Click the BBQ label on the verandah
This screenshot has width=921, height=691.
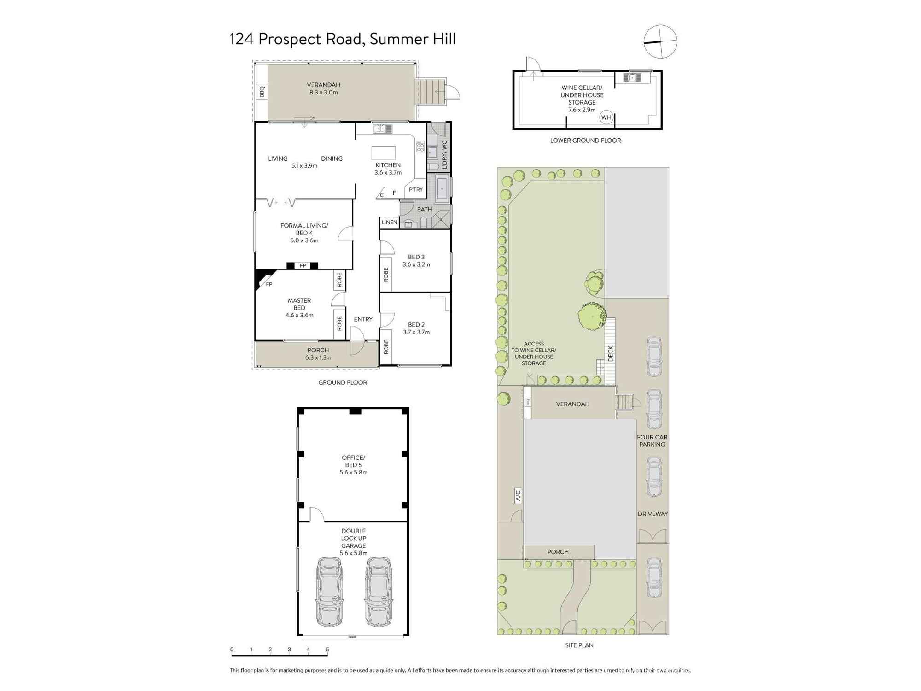(x=262, y=92)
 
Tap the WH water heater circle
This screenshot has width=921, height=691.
(x=606, y=117)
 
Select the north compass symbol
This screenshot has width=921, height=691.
(x=660, y=41)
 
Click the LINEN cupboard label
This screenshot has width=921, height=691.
(x=390, y=222)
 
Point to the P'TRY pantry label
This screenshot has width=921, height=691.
(x=416, y=189)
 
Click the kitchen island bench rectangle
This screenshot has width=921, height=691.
(x=384, y=153)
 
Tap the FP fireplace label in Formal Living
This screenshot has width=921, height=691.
(x=303, y=265)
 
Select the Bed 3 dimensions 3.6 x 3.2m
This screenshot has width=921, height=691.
(x=416, y=264)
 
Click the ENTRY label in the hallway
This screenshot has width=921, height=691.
(x=363, y=319)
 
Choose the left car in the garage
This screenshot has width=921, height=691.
(x=329, y=591)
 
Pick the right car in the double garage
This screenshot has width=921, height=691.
(x=379, y=591)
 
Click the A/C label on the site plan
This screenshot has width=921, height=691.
(x=518, y=495)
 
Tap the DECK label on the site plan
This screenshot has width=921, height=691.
(x=611, y=353)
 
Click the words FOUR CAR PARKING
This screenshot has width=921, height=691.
(x=652, y=441)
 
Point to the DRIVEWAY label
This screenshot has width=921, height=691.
(x=653, y=514)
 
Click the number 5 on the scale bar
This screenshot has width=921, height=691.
(x=327, y=650)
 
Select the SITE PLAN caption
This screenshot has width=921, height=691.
(x=579, y=645)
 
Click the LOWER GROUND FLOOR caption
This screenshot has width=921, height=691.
(x=585, y=141)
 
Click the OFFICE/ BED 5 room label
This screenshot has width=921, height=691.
(x=353, y=461)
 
